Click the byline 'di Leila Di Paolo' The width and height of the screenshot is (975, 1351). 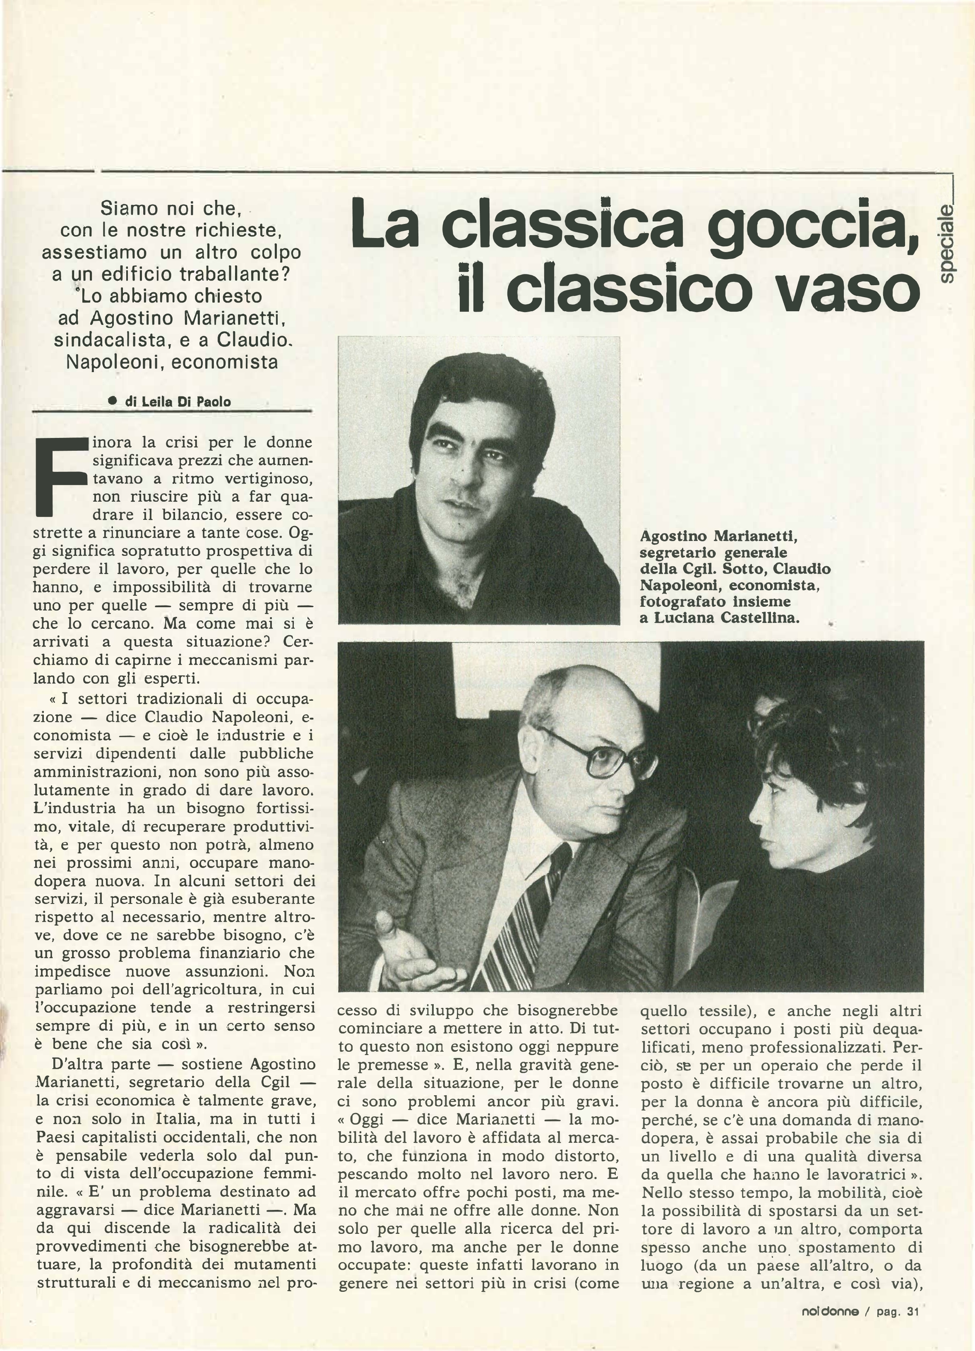[178, 401]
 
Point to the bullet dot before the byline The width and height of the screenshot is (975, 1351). [112, 401]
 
